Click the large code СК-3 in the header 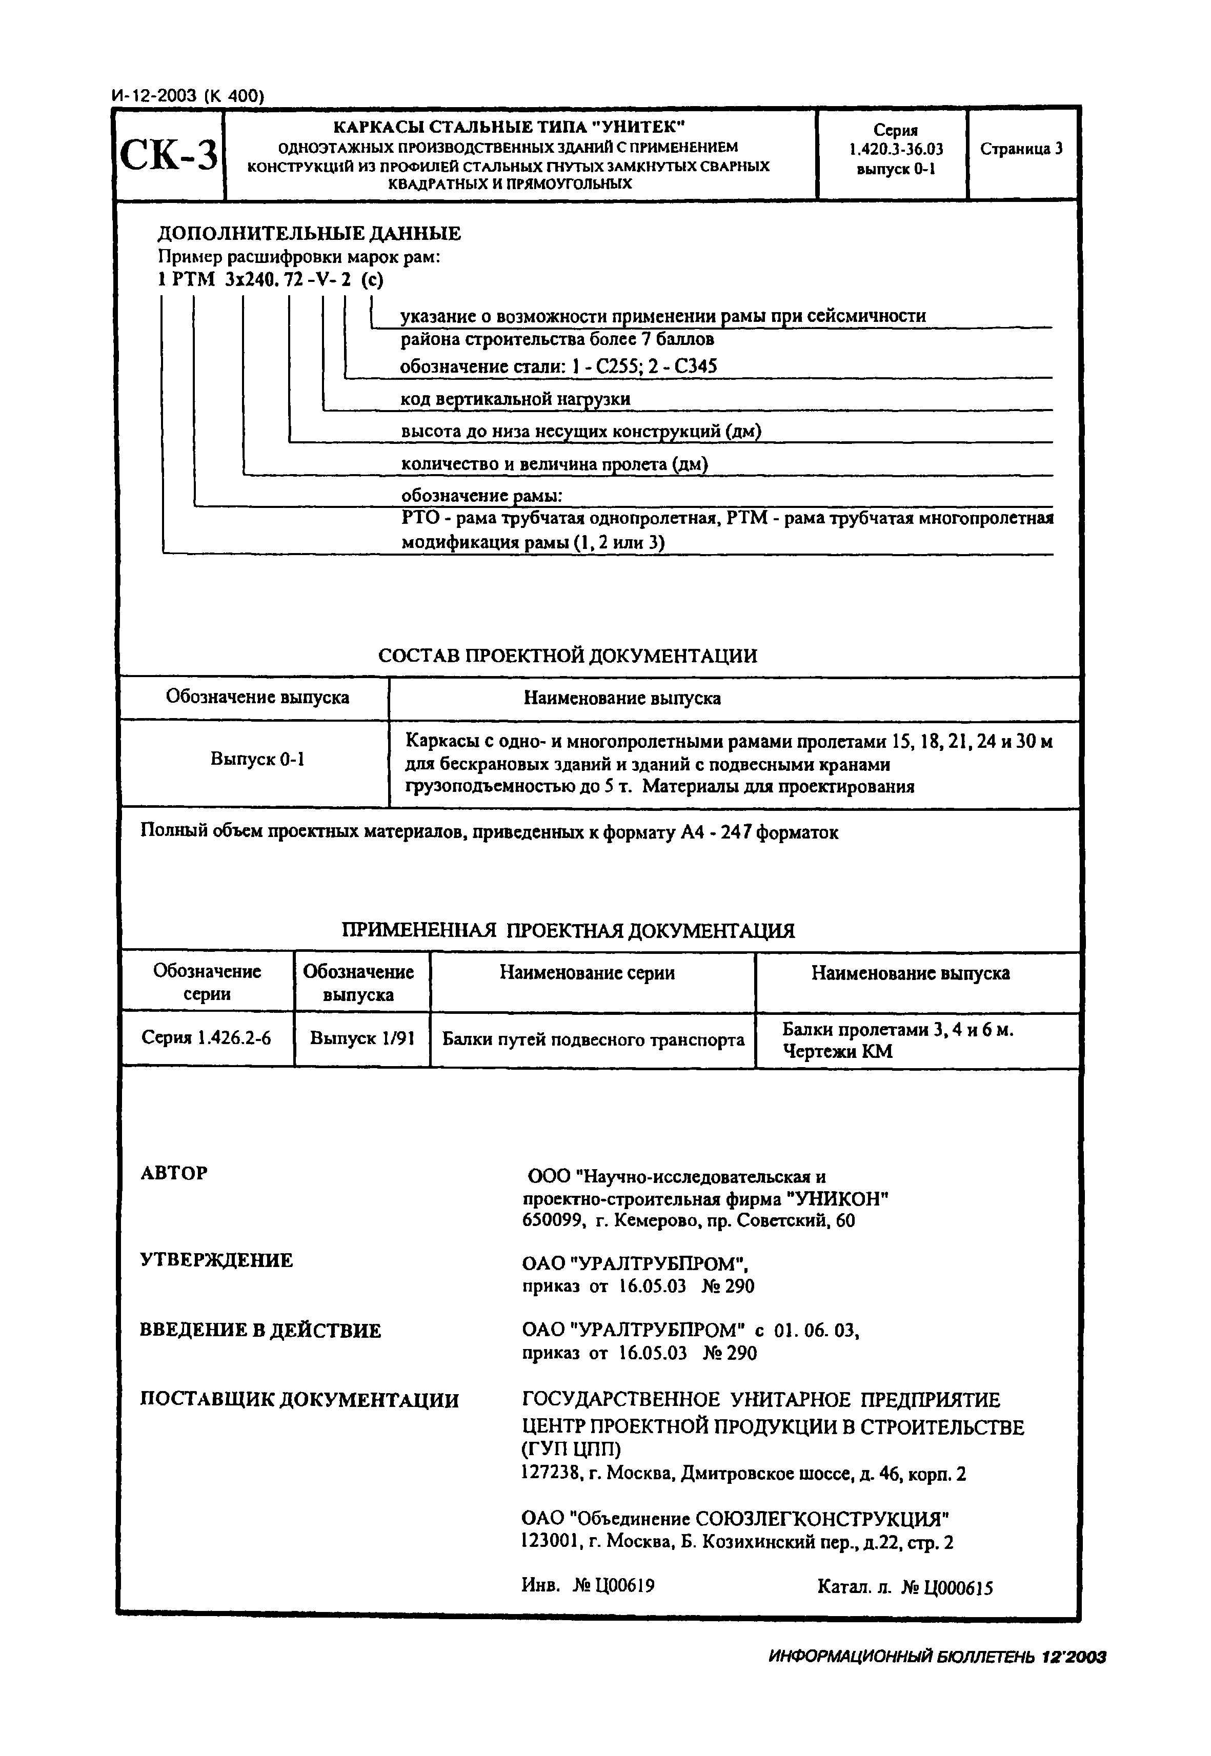[x=169, y=156]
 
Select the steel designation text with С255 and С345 [x=558, y=367]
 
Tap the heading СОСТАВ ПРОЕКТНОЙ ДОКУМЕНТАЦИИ [x=568, y=656]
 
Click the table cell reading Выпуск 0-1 [x=257, y=759]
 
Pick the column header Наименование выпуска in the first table [x=622, y=698]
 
